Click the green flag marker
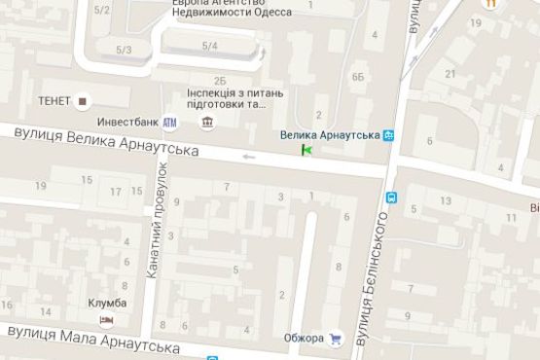click(307, 150)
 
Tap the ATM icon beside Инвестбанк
click(170, 122)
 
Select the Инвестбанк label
click(128, 122)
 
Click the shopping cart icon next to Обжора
click(337, 339)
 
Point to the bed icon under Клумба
click(106, 319)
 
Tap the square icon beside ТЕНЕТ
click(83, 100)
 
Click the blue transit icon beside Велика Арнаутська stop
click(389, 135)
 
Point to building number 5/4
click(210, 46)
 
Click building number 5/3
click(124, 50)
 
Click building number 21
click(450, 74)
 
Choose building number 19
click(40, 185)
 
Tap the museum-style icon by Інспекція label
click(207, 122)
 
